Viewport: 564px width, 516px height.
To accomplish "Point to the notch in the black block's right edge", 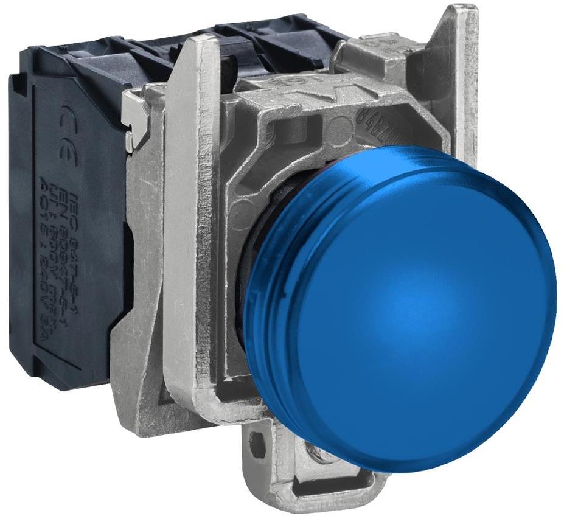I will tap(125, 243).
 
